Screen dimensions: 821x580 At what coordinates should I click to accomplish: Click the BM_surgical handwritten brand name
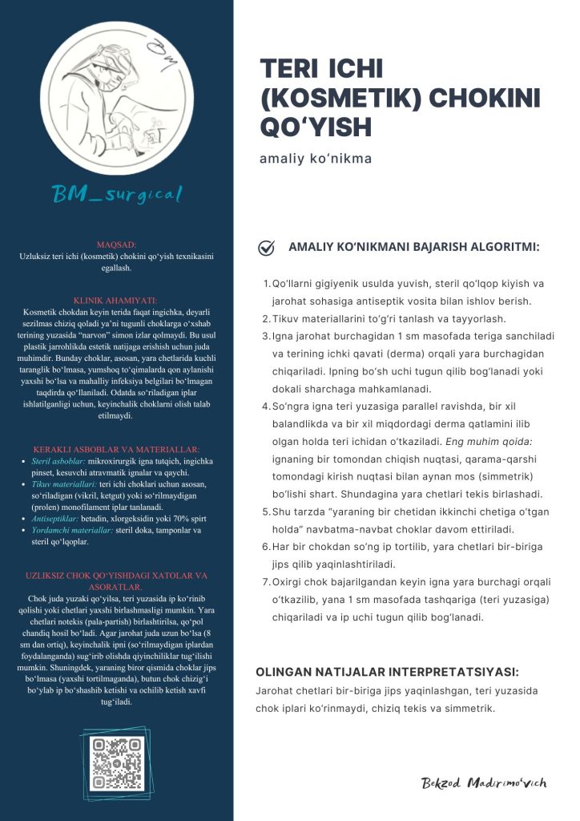point(117,193)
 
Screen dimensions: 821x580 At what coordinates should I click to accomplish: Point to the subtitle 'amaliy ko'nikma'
point(316,158)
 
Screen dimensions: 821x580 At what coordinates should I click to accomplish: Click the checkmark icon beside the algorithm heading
point(267,248)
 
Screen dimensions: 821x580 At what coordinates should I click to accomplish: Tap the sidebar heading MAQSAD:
point(117,242)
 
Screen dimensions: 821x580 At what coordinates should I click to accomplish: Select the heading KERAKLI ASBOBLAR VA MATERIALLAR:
point(117,449)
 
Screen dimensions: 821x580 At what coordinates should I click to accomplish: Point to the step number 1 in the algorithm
point(266,284)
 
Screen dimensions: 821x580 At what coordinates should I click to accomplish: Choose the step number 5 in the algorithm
point(266,511)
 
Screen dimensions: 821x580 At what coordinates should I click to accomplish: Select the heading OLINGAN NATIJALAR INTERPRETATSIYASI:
point(386,672)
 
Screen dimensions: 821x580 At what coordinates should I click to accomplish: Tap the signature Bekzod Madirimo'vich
point(484,783)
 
